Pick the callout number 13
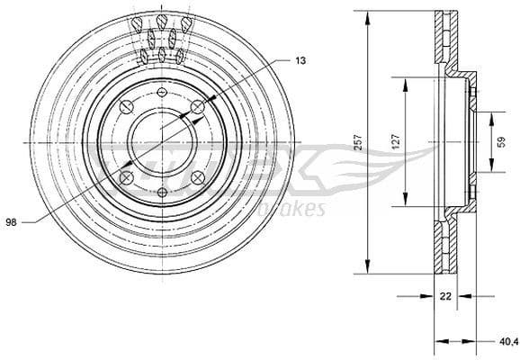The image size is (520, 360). tap(300, 59)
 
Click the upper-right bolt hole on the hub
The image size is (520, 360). tap(197, 108)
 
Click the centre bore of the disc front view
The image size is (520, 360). tap(162, 141)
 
